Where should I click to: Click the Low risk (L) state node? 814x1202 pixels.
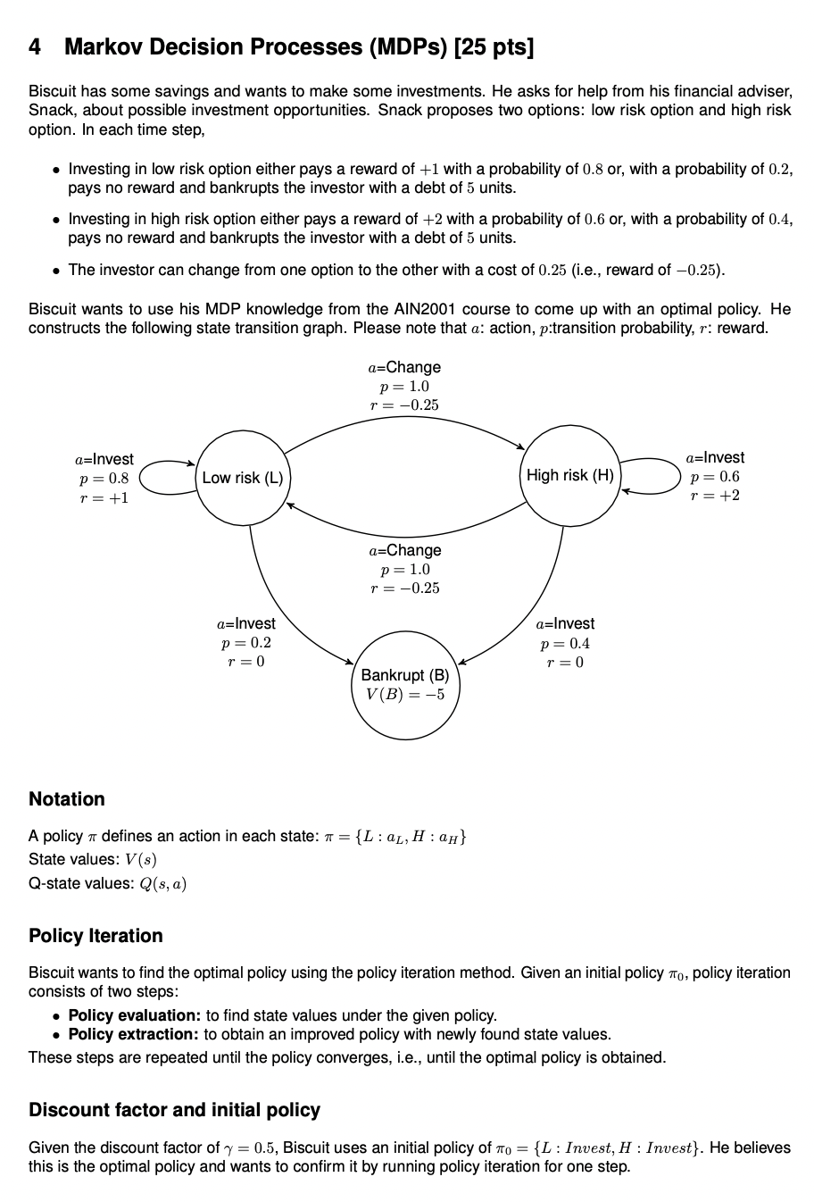tap(242, 477)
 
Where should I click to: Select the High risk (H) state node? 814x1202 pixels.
tap(569, 475)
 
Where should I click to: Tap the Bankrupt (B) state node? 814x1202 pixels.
tap(404, 684)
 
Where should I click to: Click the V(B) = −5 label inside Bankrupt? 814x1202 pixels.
tap(404, 695)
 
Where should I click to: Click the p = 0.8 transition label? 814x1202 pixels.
tap(104, 479)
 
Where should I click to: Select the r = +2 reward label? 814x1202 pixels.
tap(715, 496)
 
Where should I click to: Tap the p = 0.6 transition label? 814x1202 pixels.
tap(715, 477)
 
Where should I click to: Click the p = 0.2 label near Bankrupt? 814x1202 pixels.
tap(245, 643)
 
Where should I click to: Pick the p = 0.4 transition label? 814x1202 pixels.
tap(564, 643)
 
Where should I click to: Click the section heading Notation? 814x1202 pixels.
tap(67, 799)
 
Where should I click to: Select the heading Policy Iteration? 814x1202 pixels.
tap(96, 936)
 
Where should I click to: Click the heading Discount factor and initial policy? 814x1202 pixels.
tap(174, 1110)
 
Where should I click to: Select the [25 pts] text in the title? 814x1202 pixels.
tap(494, 46)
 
